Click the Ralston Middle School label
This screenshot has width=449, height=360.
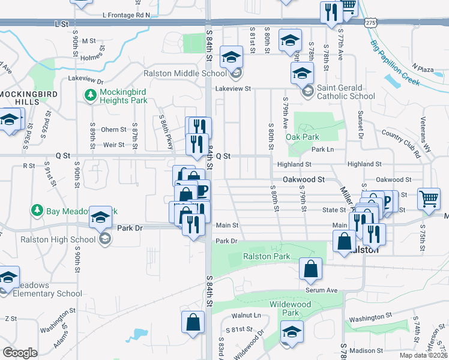(x=185, y=74)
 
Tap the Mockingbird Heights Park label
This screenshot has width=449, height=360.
(x=123, y=96)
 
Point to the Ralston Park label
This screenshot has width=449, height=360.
(x=266, y=256)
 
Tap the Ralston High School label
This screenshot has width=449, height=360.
(x=58, y=239)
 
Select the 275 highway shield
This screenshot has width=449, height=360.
(x=370, y=22)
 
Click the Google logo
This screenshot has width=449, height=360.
(x=20, y=353)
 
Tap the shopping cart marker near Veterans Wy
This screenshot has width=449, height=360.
(x=429, y=199)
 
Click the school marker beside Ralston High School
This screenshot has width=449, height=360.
(x=100, y=218)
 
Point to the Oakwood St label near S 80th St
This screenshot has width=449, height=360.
(x=304, y=179)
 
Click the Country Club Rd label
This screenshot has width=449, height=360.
(x=401, y=144)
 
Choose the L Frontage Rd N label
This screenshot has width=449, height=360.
(x=126, y=14)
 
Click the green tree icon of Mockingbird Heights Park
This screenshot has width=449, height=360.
(x=91, y=95)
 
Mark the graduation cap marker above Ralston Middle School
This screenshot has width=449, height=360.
(x=230, y=57)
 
